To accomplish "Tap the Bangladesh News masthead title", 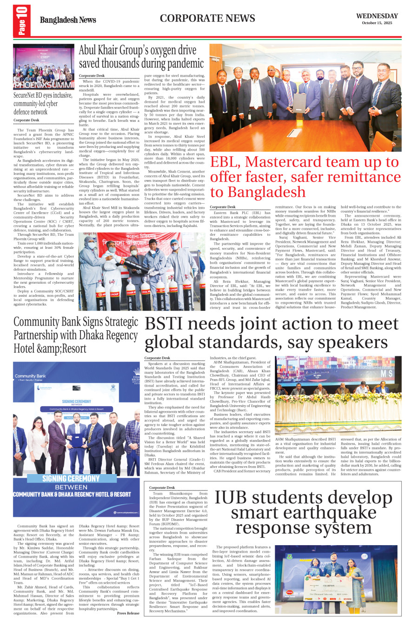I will click(68, 20).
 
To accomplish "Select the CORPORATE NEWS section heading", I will click(207, 19).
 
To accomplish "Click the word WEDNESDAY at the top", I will click(377, 16).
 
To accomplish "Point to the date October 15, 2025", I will click(377, 23).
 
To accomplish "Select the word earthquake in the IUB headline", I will click(304, 513).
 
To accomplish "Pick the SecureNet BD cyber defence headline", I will click(43, 103).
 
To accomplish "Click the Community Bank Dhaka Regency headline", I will click(76, 334).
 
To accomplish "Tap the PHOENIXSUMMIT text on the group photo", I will click(44, 85).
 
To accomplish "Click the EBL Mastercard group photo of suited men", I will click(305, 98).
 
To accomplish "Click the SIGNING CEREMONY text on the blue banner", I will click(71, 478).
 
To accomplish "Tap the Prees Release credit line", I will click(128, 613).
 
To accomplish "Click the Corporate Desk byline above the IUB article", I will click(162, 488).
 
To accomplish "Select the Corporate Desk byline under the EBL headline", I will click(222, 207).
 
